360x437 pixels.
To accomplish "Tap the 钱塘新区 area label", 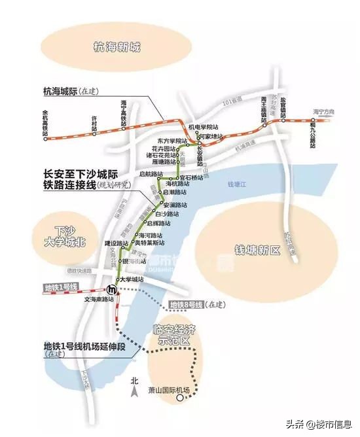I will tap(257, 250).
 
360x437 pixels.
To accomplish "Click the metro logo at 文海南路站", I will tap(113, 288).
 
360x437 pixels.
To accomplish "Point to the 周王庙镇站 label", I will tap(263, 107).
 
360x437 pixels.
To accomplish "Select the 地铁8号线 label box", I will tap(187, 305).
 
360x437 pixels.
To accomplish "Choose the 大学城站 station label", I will tap(130, 279).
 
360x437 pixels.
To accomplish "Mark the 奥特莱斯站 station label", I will tap(154, 243).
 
